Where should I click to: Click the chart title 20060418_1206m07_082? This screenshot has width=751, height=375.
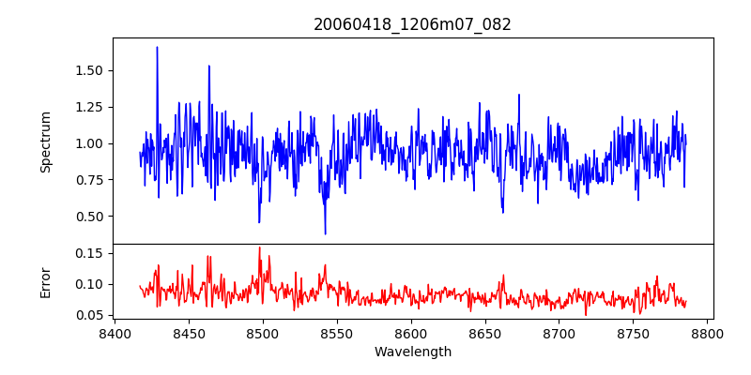[x=412, y=24]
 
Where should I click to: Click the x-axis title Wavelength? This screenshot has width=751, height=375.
[x=412, y=352]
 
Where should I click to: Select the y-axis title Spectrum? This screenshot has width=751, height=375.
[x=46, y=142]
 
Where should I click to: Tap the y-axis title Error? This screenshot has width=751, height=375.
[x=46, y=282]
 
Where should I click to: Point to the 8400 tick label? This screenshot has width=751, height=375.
[x=114, y=334]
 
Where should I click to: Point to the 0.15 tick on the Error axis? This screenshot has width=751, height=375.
[x=89, y=253]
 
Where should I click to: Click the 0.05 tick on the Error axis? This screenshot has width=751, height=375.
[x=89, y=315]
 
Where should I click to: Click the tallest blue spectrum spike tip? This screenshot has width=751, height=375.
[x=157, y=47]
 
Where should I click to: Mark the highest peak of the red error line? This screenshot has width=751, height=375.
[x=260, y=247]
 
